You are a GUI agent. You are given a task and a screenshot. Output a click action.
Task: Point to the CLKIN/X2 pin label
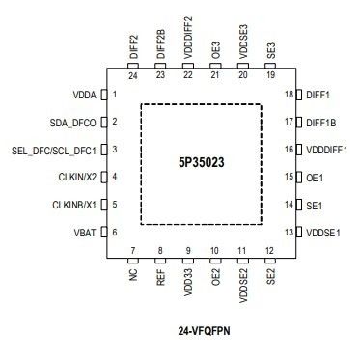click(x=78, y=177)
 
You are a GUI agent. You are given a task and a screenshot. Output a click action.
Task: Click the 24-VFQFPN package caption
click(x=203, y=330)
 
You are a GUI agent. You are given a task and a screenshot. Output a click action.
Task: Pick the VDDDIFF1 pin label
click(x=326, y=150)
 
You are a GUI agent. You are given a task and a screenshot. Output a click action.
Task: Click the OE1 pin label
click(x=314, y=177)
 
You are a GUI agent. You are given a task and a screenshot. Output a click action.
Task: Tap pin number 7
click(x=133, y=251)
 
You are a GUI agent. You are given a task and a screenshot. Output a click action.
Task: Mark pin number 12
click(x=270, y=251)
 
